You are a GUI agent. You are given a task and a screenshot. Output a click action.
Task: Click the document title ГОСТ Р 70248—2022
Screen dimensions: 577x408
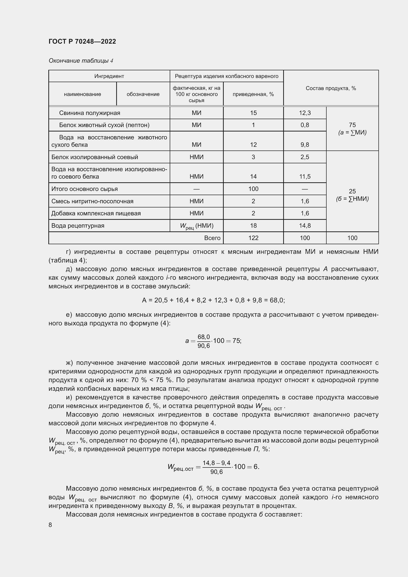(x=82, y=41)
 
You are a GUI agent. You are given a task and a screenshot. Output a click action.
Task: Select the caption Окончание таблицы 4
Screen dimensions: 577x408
(x=81, y=61)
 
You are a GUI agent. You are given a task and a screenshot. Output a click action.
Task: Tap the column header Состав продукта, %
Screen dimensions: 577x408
(x=331, y=88)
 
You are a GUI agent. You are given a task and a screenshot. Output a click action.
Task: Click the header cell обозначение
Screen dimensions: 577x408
(x=143, y=94)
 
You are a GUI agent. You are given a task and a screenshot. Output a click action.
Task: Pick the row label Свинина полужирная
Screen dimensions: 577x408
(x=90, y=113)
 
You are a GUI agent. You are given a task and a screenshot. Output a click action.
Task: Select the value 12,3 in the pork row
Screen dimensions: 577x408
(x=304, y=113)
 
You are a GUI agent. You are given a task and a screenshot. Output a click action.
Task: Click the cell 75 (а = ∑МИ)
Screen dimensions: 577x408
(x=352, y=129)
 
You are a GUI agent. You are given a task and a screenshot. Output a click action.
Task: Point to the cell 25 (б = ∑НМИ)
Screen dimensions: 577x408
(x=352, y=195)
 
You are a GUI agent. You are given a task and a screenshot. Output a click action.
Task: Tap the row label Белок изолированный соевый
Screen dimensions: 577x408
(x=95, y=157)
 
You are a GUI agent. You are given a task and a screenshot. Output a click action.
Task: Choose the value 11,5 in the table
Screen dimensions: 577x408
(x=304, y=176)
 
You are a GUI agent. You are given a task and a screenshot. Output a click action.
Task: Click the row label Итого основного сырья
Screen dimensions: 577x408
(x=84, y=189)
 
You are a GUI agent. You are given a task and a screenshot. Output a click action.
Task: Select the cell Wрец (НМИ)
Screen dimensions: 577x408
(x=196, y=226)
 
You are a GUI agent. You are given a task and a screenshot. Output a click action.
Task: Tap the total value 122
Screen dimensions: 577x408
(x=253, y=238)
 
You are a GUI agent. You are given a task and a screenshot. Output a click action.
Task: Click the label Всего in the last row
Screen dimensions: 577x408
(x=212, y=238)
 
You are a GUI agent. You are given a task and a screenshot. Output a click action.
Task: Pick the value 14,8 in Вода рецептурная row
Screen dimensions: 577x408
(x=304, y=226)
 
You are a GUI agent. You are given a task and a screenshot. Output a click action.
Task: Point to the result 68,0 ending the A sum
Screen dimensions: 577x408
(x=277, y=300)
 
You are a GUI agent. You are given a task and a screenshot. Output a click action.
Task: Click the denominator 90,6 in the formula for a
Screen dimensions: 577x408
(x=204, y=346)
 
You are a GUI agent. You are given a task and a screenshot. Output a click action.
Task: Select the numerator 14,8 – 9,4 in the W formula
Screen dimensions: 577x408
(x=216, y=463)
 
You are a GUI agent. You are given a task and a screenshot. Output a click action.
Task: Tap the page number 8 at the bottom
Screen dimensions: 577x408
(x=50, y=525)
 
